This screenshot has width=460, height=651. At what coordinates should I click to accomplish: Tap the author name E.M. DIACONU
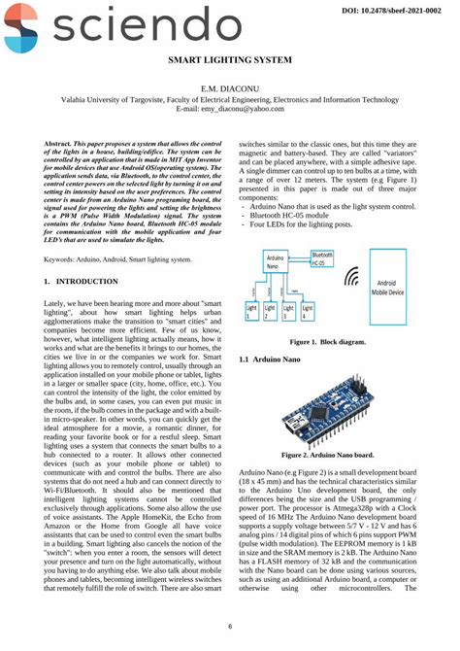click(230, 88)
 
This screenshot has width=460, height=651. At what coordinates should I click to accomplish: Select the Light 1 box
click(251, 312)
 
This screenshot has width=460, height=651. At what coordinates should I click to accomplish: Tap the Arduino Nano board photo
click(325, 414)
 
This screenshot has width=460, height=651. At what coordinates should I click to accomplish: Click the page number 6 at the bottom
click(230, 626)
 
